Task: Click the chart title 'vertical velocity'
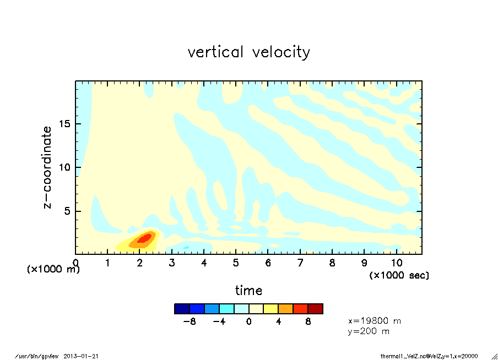coord(248,52)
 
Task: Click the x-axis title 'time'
coord(248,290)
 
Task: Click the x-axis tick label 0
coord(75,263)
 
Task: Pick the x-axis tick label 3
coord(172,263)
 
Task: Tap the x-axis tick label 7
coord(300,263)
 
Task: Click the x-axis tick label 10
coord(396,263)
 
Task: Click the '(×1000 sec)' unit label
coord(399,275)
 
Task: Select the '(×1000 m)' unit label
coord(53,269)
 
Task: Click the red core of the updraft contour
coord(144,238)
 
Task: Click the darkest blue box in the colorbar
coord(182,309)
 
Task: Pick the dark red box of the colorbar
coord(315,309)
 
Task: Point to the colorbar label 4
coord(278,321)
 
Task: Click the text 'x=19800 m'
coord(375,320)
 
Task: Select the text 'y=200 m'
coord(369,331)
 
